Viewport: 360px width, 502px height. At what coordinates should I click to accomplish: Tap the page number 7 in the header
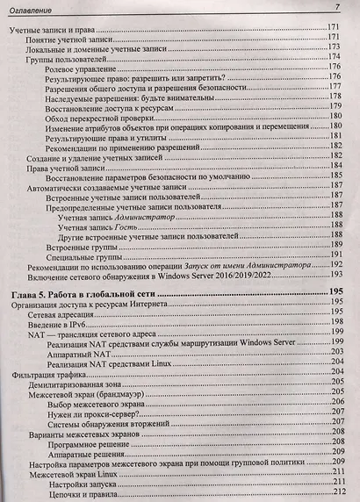pos(337,8)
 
